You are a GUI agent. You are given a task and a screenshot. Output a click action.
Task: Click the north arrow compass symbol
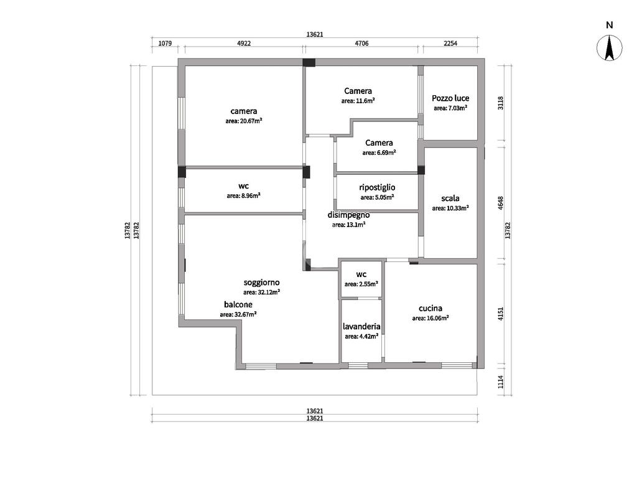(609, 48)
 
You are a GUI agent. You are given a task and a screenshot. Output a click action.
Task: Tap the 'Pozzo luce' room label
(450, 98)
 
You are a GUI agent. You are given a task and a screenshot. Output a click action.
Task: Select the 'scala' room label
(450, 198)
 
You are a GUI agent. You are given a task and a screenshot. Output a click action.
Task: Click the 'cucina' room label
(430, 308)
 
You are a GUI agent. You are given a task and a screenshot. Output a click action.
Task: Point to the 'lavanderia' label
(361, 326)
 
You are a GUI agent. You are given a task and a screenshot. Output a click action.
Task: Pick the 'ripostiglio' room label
(377, 187)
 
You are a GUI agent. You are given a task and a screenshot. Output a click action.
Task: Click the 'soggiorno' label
(262, 283)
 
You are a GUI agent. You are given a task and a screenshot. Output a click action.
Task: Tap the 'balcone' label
(238, 304)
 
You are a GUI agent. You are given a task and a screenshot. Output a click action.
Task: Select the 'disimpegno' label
(348, 215)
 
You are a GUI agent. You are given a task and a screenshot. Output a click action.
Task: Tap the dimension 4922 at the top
(244, 43)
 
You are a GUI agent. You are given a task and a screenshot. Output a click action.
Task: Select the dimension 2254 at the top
(450, 43)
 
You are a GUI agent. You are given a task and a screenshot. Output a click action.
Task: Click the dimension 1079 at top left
(165, 43)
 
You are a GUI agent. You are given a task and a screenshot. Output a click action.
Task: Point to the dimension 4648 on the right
(501, 203)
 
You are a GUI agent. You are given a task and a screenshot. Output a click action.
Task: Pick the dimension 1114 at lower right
(501, 382)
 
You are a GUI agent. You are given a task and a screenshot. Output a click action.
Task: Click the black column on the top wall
(309, 63)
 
